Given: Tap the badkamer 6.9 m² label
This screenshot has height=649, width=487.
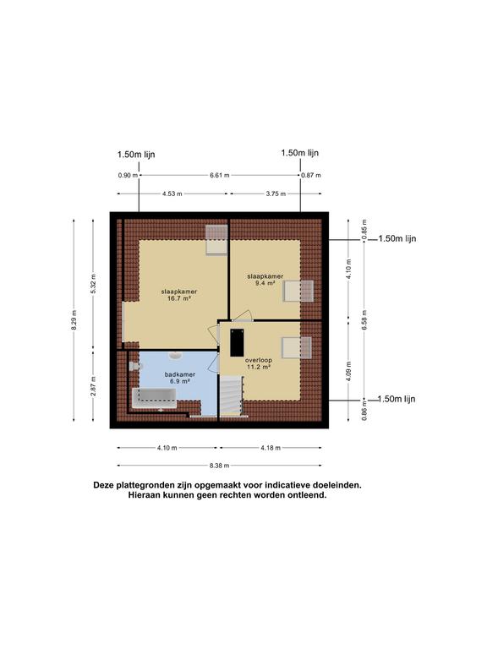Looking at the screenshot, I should tap(178, 378).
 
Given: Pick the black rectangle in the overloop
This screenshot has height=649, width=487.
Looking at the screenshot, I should tap(236, 342).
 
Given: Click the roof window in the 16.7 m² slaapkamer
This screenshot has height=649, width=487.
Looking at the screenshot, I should tap(216, 240).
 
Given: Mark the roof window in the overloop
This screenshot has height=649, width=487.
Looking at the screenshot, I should tap(297, 347).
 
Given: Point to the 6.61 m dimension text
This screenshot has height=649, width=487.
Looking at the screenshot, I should tap(220, 175).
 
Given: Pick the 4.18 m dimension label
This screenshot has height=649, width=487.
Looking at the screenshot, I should tap(271, 448).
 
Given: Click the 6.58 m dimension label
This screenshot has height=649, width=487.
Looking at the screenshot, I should tap(364, 320).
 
